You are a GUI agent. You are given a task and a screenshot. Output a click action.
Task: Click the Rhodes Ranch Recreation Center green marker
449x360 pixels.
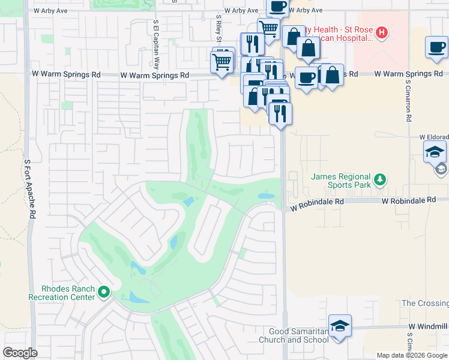(x=104, y=292)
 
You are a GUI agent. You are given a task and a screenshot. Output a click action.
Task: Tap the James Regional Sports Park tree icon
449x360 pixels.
(x=379, y=179)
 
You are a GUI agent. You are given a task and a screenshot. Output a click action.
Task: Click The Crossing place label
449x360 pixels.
(x=424, y=304)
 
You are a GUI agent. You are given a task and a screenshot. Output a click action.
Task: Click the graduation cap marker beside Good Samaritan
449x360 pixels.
(x=340, y=326)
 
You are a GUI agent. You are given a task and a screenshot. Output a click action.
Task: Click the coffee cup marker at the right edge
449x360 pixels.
(x=436, y=47)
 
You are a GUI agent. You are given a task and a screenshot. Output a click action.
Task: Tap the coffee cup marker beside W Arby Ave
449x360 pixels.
(x=277, y=7)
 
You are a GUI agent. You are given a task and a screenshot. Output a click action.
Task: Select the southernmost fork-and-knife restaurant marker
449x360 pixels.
(x=280, y=113)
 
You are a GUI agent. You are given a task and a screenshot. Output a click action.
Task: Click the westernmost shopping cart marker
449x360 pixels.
(x=222, y=61)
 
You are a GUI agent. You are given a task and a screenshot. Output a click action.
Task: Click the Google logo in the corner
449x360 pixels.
(x=20, y=353)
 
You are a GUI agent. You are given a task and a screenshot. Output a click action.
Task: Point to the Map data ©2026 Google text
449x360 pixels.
(x=412, y=355)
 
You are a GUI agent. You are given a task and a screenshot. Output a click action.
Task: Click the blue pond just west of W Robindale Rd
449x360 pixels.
(x=265, y=196)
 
